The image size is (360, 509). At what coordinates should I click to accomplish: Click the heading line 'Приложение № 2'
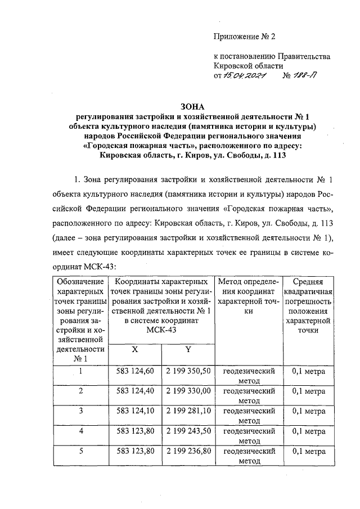pos(246,38)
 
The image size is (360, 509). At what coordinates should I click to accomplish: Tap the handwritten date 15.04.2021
pos(247,75)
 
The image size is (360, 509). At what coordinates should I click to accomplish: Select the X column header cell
pos(135,349)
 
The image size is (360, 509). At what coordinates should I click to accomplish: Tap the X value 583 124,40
pos(135,391)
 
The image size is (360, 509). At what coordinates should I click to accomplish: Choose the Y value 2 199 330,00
pos(188,391)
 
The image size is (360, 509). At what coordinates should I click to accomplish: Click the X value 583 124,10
pos(135,411)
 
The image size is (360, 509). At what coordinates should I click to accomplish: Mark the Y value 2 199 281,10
pos(188,411)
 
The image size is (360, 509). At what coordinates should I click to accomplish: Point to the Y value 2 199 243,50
pos(188,431)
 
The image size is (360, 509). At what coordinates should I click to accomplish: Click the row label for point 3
pos(80,411)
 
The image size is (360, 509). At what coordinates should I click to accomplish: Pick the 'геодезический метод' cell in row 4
pos(249,436)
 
